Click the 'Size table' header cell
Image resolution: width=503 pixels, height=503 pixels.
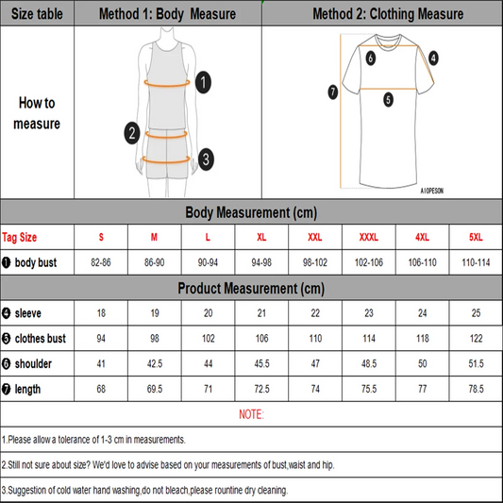(37, 14)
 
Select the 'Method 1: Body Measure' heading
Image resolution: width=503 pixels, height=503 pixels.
(168, 14)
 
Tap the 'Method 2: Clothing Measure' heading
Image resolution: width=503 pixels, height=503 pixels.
(388, 14)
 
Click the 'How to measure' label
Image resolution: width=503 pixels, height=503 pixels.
(37, 113)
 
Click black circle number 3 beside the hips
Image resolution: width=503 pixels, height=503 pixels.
(206, 159)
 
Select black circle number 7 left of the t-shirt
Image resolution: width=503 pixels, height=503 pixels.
(332, 92)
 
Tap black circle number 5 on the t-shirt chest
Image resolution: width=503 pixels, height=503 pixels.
(388, 98)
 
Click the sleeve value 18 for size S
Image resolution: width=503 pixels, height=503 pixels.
(101, 312)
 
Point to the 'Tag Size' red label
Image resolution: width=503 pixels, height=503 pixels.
(21, 237)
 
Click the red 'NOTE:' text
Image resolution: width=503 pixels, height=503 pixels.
(251, 414)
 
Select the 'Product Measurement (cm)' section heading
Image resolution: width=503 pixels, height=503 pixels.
(251, 288)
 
